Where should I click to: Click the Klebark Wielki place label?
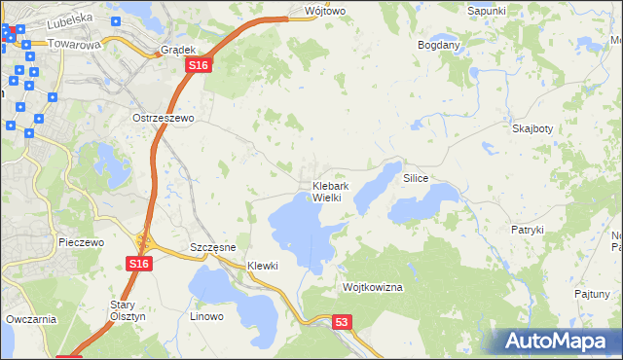[x=325, y=192]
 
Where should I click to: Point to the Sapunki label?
[x=487, y=10]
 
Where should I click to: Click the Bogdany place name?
[x=438, y=46]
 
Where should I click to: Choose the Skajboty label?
[x=531, y=128]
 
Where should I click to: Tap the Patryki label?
[x=527, y=230]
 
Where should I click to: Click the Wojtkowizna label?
[x=372, y=288]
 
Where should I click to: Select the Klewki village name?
[x=263, y=266]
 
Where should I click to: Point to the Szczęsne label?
[x=213, y=248]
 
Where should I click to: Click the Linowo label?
[x=206, y=316]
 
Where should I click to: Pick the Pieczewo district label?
[x=81, y=242]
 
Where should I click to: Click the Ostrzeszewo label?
[x=164, y=118]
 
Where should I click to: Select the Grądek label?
[x=179, y=49]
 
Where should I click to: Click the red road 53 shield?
[x=341, y=322]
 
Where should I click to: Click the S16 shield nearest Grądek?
[x=198, y=65]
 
